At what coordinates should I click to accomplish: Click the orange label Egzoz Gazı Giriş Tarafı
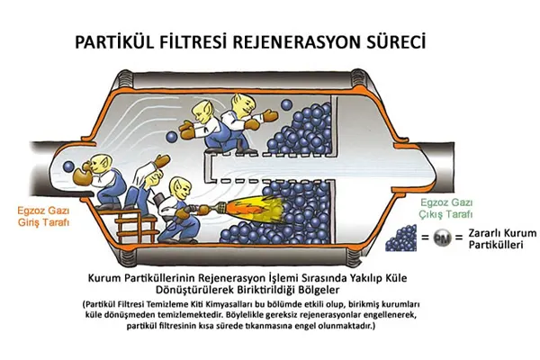(43, 216)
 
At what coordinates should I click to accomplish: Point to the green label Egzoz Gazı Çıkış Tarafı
(446, 208)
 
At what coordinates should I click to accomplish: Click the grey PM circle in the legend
(442, 238)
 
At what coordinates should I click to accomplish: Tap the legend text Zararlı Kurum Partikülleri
(502, 238)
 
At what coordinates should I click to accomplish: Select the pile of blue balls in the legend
(400, 238)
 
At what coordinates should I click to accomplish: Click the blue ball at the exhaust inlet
(68, 166)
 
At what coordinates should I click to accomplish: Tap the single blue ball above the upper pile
(286, 104)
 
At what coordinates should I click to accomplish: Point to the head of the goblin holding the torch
(180, 188)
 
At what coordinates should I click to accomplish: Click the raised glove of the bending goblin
(162, 161)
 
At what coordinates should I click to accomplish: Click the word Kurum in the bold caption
(105, 278)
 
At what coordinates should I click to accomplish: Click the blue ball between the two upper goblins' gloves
(172, 137)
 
